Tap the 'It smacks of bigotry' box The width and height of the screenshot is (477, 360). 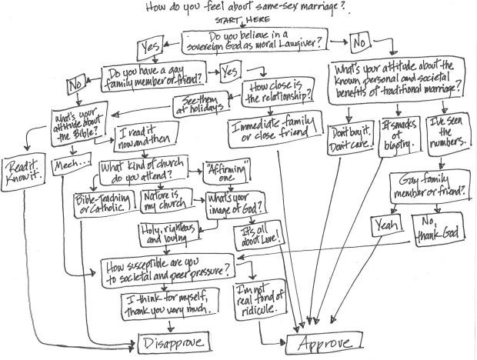click(399, 135)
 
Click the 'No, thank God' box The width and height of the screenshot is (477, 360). click(431, 225)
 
